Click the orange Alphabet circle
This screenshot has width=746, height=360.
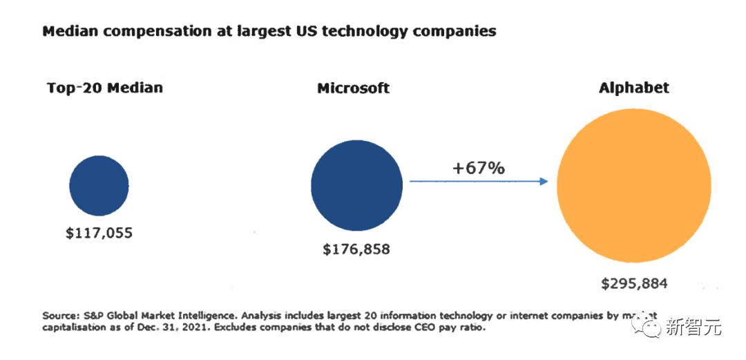tap(633, 184)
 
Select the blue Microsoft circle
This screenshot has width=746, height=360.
tap(356, 184)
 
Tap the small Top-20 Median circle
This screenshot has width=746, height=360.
tap(99, 185)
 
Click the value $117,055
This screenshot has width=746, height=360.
tap(99, 233)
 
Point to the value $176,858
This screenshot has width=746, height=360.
tap(356, 249)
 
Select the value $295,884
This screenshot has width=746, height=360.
tap(634, 283)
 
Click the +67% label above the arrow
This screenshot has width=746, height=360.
tap(479, 168)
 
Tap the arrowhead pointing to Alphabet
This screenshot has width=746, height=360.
tap(544, 182)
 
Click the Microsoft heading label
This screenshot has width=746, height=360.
tap(353, 88)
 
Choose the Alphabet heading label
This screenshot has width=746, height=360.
tap(633, 88)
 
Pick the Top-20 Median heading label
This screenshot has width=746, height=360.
tap(105, 88)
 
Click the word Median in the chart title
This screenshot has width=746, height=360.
tap(68, 31)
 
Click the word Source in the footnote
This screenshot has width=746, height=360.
tap(58, 315)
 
